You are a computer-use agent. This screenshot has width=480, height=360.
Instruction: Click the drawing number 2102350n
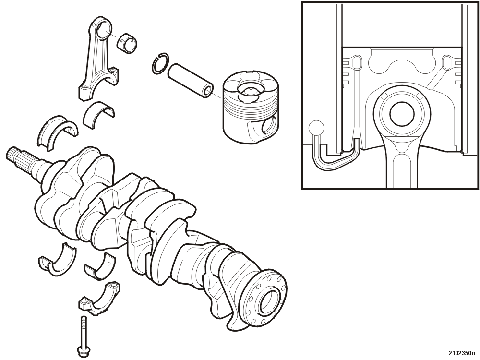[462, 352]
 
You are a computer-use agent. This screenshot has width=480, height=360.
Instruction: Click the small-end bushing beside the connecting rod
[127, 43]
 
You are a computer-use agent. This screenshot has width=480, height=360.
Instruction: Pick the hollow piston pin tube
[191, 80]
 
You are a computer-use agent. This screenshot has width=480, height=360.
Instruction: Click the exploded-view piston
[251, 107]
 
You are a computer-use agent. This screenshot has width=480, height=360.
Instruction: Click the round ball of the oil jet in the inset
[316, 127]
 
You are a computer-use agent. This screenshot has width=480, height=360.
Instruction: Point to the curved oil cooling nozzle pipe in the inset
[335, 156]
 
